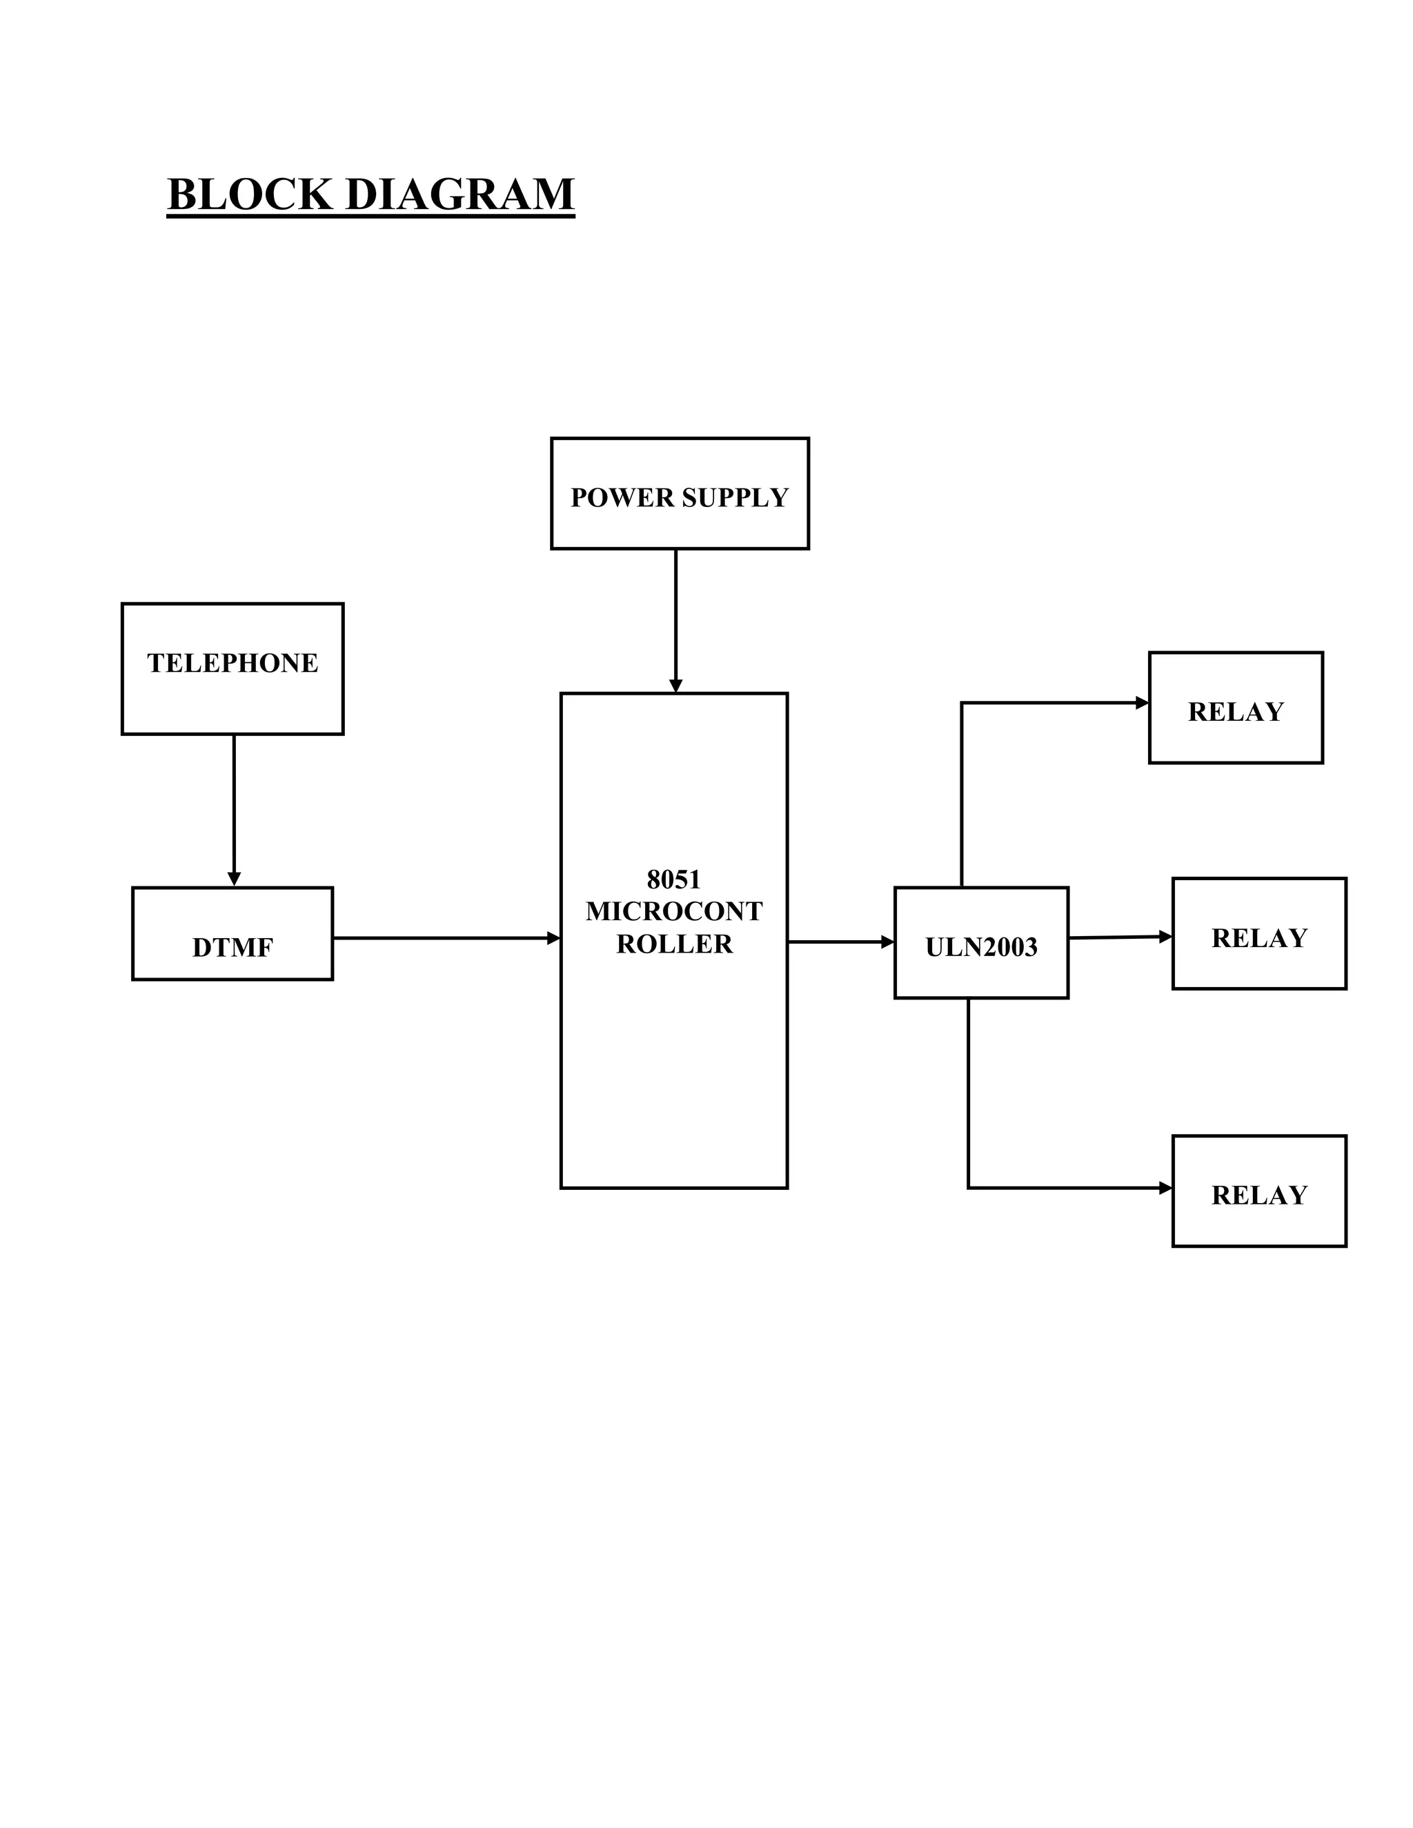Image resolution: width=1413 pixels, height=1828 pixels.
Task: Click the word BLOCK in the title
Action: (250, 195)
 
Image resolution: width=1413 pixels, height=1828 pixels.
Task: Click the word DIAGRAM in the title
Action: (459, 195)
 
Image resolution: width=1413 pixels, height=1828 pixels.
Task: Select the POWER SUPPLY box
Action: (679, 494)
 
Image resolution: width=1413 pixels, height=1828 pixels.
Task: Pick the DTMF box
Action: (232, 933)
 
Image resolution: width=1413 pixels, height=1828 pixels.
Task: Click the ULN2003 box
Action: (980, 942)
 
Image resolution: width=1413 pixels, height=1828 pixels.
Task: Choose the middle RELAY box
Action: (1258, 933)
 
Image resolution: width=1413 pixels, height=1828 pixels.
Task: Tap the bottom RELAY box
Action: (1258, 1191)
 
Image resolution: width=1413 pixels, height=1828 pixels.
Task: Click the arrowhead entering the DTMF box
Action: (234, 879)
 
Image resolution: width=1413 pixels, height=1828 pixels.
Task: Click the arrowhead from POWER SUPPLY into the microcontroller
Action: (675, 686)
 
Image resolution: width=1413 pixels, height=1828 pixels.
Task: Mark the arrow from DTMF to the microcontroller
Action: (444, 938)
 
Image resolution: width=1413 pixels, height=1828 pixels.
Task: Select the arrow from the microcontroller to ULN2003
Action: (840, 942)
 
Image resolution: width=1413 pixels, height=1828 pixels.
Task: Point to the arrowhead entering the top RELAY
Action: (1142, 702)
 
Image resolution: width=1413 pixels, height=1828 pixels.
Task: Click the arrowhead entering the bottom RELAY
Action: (1165, 1188)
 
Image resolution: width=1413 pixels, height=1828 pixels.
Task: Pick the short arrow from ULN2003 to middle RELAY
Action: (1120, 937)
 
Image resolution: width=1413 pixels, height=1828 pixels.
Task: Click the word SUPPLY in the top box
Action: (734, 497)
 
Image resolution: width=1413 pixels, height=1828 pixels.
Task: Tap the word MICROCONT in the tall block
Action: (674, 911)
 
